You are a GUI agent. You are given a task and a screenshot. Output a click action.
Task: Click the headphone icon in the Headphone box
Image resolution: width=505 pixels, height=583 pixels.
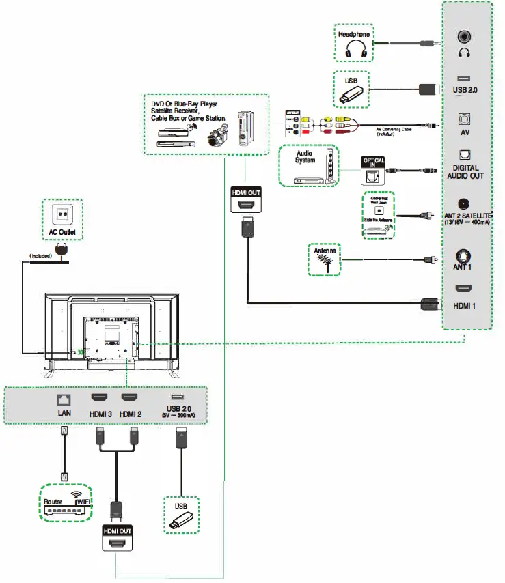tap(355, 49)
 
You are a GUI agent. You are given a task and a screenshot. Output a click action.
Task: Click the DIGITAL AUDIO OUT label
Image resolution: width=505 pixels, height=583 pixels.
tap(466, 171)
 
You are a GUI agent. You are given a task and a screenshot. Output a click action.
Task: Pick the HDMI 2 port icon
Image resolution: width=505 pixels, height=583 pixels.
tap(130, 398)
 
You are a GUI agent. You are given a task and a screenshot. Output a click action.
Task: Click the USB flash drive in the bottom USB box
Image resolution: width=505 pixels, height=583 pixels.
tap(181, 522)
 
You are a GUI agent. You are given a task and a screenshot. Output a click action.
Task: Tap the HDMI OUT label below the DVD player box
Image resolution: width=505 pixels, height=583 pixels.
tap(247, 193)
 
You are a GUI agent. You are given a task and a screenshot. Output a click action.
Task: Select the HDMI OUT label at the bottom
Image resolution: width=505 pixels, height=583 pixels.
tap(117, 530)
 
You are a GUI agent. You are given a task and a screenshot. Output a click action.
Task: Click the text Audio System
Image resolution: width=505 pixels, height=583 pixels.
tap(305, 157)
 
